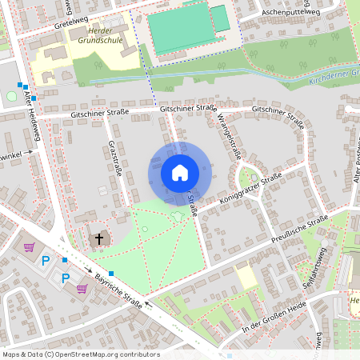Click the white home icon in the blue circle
click(x=180, y=172)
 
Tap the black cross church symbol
click(x=100, y=238)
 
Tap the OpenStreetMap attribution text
click(x=81, y=354)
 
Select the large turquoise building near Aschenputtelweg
click(x=179, y=31)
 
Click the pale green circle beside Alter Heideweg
click(x=11, y=96)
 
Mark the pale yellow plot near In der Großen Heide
click(x=246, y=278)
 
